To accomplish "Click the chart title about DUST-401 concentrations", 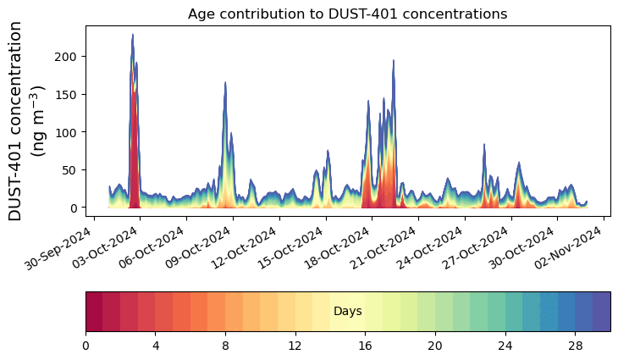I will click(x=347, y=14).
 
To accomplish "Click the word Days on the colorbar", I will click(x=347, y=312).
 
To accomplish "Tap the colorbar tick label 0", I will click(x=86, y=346).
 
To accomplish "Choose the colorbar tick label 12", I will click(x=295, y=346).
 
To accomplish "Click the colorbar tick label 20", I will click(x=435, y=346).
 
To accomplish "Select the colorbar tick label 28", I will click(x=575, y=346).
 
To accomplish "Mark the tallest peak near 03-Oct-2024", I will click(x=133, y=35).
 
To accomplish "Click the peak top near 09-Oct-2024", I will click(x=225, y=82).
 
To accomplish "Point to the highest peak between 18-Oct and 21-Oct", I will click(x=394, y=60).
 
